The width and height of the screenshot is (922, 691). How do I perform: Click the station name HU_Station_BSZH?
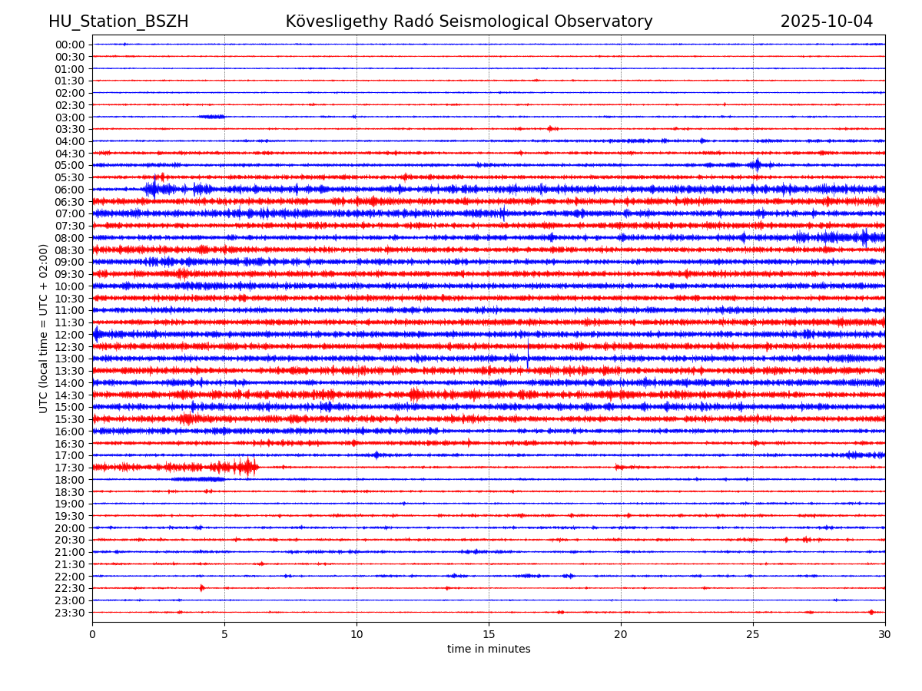(118, 22)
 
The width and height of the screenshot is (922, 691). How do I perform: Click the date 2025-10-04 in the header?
(826, 22)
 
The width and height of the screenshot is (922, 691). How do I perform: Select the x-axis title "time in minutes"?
(489, 650)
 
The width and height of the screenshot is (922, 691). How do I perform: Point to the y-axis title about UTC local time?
(44, 329)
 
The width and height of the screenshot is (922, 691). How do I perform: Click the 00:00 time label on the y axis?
(70, 45)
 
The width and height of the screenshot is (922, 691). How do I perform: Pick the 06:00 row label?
(70, 190)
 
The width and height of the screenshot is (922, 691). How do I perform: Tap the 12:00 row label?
(70, 335)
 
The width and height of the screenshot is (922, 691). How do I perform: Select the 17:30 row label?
(70, 468)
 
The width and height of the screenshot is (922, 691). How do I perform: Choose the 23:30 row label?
(70, 613)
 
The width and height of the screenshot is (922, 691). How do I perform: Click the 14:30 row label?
(70, 395)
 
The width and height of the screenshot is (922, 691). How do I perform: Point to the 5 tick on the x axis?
(224, 634)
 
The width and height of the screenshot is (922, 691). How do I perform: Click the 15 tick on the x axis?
(489, 634)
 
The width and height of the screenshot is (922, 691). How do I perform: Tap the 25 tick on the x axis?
(753, 634)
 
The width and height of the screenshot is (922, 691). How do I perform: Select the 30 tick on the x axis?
(884, 634)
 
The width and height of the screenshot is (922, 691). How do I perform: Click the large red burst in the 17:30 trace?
(246, 467)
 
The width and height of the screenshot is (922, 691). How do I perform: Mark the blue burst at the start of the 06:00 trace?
(152, 188)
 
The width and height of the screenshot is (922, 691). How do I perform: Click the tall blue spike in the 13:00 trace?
(528, 355)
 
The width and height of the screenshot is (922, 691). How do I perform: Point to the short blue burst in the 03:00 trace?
(211, 117)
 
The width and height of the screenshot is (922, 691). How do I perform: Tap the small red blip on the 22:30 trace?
(202, 588)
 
